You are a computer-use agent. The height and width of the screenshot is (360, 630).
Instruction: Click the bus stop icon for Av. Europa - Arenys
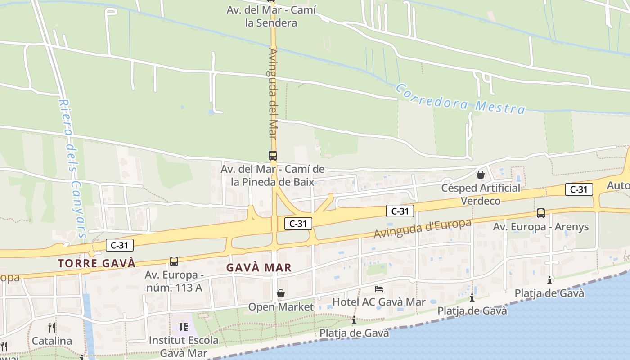[x=541, y=213]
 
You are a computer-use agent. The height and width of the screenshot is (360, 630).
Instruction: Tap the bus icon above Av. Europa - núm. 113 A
[x=174, y=261]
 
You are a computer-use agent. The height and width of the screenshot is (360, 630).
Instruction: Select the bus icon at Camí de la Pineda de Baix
[x=273, y=156]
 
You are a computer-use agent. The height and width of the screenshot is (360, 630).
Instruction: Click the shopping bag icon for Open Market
[x=281, y=294]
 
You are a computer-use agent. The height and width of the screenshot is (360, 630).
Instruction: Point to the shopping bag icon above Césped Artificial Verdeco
[x=481, y=175]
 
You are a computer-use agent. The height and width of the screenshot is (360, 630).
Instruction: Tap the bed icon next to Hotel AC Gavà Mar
[x=379, y=288]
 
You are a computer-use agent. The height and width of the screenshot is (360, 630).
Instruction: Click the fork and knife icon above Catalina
[x=52, y=327]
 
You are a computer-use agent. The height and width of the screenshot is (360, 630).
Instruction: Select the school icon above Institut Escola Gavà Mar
[x=183, y=327]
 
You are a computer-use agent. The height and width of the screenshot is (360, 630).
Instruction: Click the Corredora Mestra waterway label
[x=460, y=98]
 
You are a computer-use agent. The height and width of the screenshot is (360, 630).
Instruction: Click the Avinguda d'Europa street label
[x=423, y=229]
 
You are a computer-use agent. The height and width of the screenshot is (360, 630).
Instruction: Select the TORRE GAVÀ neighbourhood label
[x=96, y=263]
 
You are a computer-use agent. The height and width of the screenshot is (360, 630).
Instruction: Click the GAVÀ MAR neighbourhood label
[x=259, y=267]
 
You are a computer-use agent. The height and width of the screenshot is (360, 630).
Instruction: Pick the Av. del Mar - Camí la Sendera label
[x=271, y=16]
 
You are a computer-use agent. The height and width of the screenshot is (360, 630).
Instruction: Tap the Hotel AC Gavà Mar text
[x=378, y=302]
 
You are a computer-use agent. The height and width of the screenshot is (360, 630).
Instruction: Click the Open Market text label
[x=281, y=307]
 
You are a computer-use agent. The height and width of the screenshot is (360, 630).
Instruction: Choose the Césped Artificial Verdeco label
[x=481, y=194]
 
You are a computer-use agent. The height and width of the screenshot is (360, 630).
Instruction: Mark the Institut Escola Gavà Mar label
[x=184, y=346]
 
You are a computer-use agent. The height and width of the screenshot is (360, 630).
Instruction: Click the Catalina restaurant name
[x=52, y=341]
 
